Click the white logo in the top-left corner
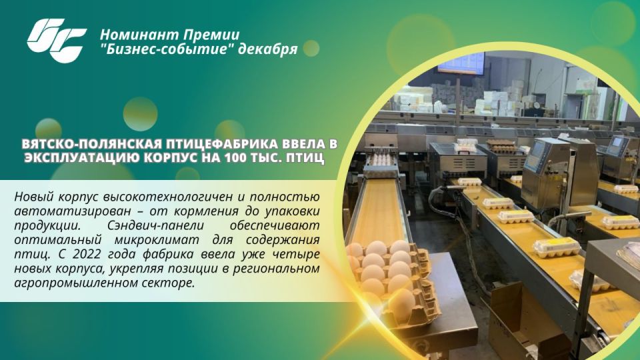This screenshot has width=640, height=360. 57,39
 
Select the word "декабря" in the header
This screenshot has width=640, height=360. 269,51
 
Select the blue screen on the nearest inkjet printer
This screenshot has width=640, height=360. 537,157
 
